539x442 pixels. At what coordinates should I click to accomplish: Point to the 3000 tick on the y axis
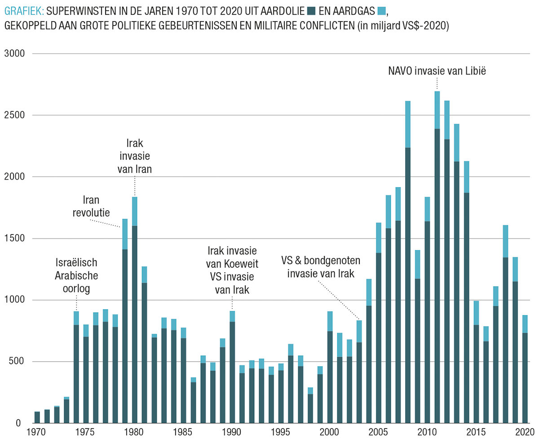pos(16,54)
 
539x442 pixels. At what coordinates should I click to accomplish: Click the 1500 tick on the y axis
pos(16,239)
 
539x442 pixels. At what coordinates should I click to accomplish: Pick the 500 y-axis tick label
pos(19,362)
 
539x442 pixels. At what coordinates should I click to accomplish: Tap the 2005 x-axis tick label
pos(379,433)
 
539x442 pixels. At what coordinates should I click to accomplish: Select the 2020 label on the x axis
pos(524,433)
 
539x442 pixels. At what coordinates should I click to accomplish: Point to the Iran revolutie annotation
pos(91,206)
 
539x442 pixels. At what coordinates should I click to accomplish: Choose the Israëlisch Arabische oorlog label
pos(76,275)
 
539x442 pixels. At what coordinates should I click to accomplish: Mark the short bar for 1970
pos(37,417)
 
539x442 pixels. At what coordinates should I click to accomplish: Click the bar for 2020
pos(525,373)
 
